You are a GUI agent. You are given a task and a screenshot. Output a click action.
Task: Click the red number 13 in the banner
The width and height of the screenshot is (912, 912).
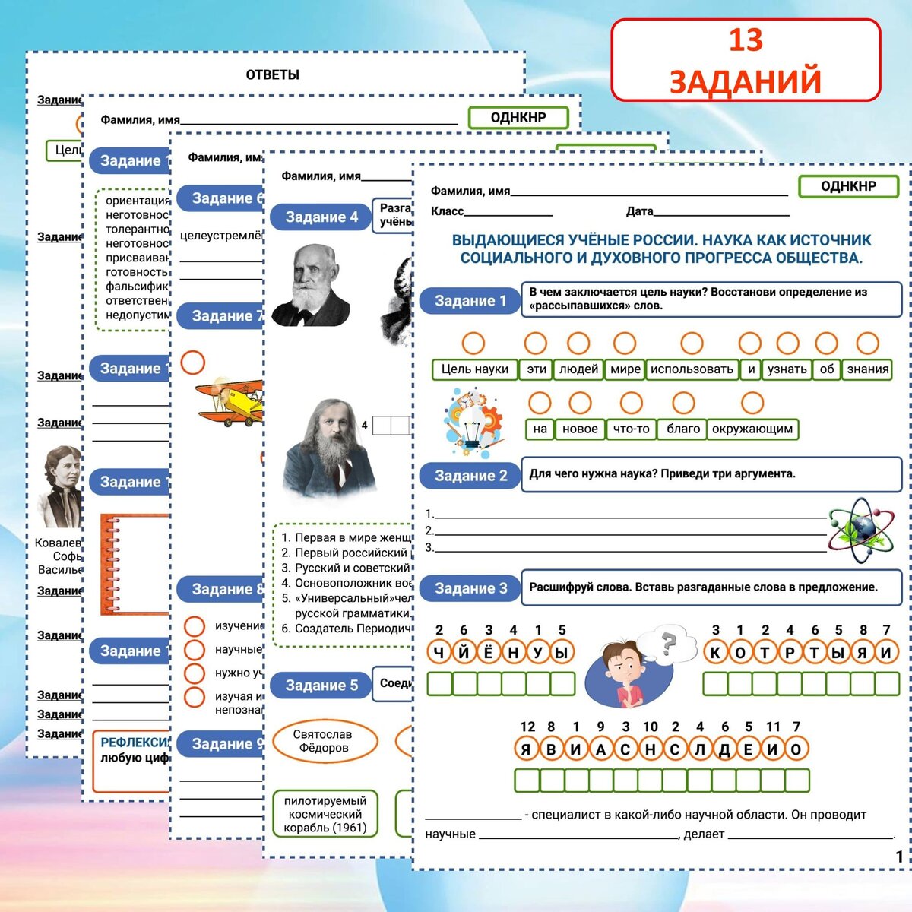point(745,41)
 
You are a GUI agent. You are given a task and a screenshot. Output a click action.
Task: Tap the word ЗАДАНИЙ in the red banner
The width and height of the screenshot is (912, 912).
point(745,81)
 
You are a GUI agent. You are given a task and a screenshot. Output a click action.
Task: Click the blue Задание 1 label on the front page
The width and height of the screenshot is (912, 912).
point(470,301)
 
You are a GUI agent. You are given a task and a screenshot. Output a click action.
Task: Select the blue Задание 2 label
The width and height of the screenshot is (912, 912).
point(470,476)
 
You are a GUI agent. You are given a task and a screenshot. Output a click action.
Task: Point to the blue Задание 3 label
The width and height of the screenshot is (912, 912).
point(470,588)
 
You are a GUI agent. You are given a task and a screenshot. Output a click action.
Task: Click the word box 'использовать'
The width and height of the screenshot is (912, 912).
point(692,369)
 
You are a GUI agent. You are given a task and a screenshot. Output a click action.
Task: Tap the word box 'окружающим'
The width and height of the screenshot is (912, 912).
point(752,429)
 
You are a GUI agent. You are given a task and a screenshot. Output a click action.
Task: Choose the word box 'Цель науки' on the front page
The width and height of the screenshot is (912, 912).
point(475,369)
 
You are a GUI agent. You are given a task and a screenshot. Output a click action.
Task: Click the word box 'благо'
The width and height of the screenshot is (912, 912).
point(682,429)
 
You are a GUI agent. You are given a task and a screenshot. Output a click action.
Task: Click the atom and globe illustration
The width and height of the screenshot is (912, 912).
point(859,529)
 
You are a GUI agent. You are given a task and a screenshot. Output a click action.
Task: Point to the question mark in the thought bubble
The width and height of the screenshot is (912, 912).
point(668,644)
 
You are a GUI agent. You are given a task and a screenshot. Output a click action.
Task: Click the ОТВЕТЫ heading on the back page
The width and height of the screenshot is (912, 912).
point(272,74)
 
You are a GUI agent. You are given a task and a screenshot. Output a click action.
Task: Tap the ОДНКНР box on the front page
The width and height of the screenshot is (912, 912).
point(848,186)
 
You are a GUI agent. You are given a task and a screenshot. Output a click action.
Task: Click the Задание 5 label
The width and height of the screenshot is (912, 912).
point(321,686)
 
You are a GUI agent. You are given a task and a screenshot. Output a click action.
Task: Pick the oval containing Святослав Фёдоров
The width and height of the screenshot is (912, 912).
point(324,741)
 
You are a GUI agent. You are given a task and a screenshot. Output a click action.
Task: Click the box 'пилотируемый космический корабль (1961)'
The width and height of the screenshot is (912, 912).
point(325,814)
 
